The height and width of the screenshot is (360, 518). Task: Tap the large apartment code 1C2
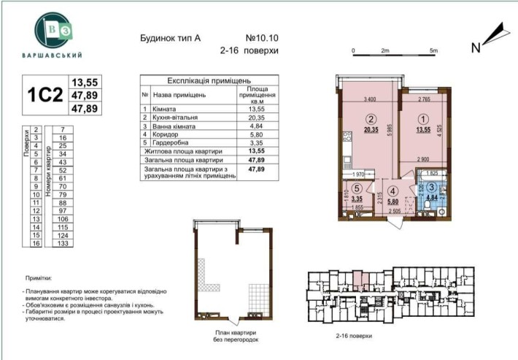(x=42, y=96)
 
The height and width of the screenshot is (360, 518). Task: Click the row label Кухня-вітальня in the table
(x=179, y=117)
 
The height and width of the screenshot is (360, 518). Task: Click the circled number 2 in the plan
(x=371, y=120)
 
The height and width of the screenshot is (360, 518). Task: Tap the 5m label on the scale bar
(x=433, y=51)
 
